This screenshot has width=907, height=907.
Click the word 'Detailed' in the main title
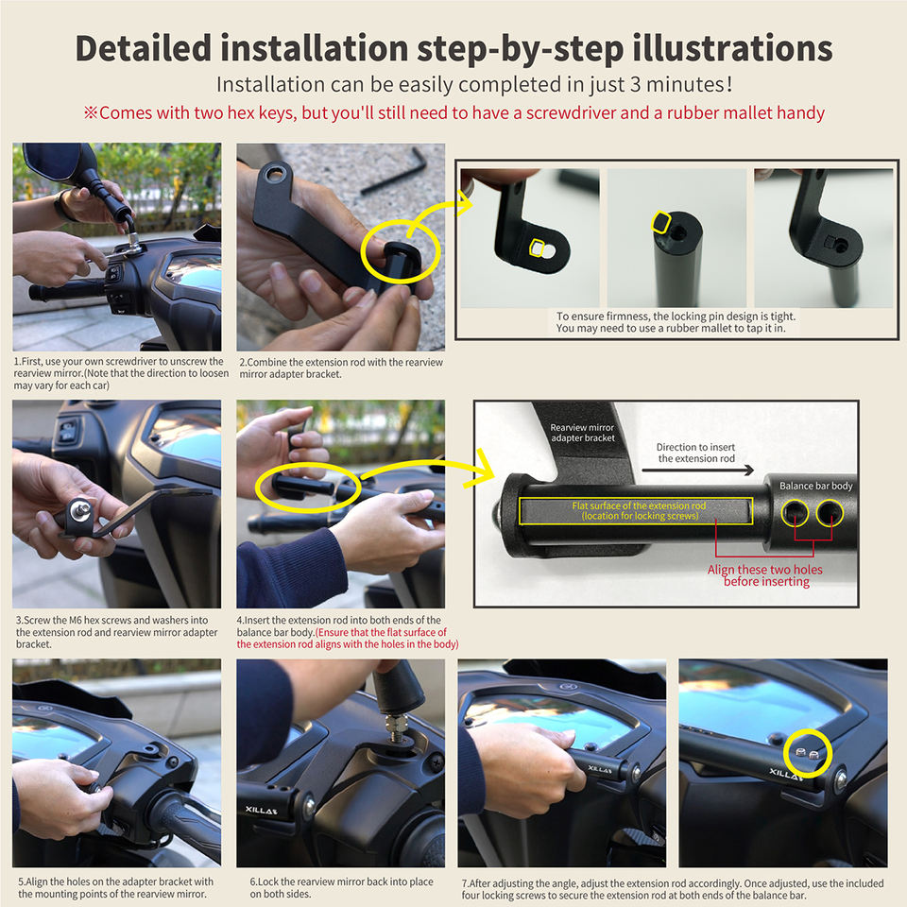(x=144, y=47)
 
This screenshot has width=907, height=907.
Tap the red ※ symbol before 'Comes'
(x=91, y=112)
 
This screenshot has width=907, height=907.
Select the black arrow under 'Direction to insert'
(x=697, y=471)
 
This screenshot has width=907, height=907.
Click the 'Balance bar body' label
(x=815, y=486)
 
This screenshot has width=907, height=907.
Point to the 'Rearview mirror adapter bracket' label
(x=583, y=433)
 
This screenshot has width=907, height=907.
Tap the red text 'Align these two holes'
(x=764, y=569)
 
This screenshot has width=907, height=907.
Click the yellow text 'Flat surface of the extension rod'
(x=639, y=505)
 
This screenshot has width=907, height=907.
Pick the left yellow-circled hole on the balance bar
(x=795, y=512)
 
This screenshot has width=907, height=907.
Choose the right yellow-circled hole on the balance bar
(x=830, y=512)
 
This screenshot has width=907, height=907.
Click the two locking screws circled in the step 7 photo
(x=807, y=753)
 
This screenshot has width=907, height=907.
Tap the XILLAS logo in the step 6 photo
(x=261, y=810)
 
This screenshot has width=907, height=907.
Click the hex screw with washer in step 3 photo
(x=79, y=510)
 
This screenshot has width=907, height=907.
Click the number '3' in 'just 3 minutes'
(x=635, y=84)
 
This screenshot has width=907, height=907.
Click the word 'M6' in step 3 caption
(x=76, y=620)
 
